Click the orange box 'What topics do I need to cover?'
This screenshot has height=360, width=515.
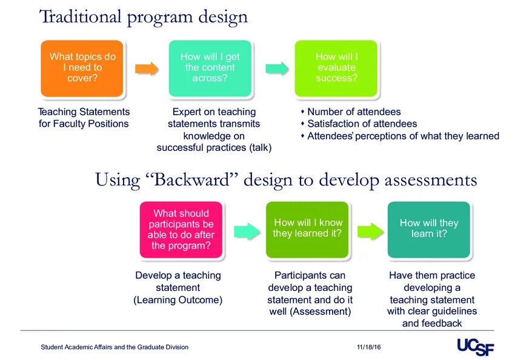point(82,68)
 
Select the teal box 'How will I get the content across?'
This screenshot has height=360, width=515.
point(210,68)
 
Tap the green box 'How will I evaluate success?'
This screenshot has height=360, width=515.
point(336,68)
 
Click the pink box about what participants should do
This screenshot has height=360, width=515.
point(181,230)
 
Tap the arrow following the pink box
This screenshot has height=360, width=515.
point(244,230)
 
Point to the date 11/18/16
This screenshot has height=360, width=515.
point(368,347)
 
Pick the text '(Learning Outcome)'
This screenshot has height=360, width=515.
point(178,300)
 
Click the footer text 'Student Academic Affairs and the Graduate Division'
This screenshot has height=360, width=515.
point(115,347)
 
